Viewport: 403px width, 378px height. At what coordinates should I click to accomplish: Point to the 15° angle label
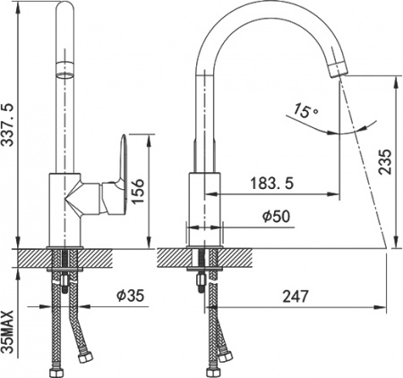click(x=305, y=112)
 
